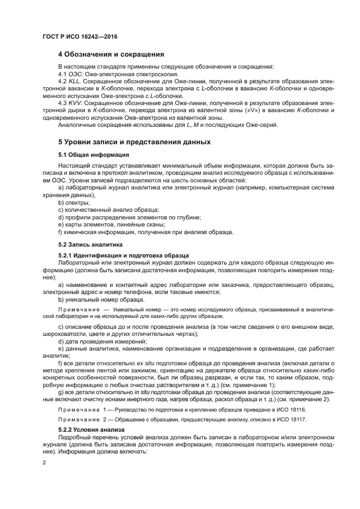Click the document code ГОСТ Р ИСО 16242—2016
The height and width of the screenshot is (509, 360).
click(x=81, y=37)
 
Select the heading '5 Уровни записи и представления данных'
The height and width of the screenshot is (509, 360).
click(x=134, y=142)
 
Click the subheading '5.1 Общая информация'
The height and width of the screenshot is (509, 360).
click(x=90, y=155)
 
